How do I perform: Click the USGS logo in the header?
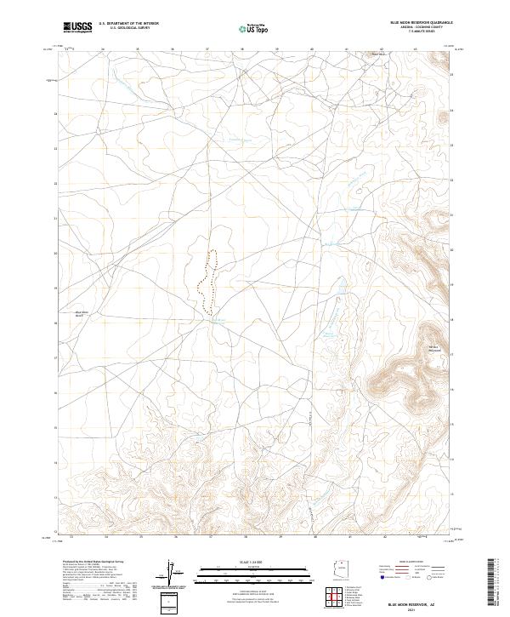(77, 27)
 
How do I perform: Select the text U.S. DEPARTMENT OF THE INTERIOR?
(128, 24)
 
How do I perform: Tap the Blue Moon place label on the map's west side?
(82, 314)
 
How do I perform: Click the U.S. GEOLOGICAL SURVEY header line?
(128, 29)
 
